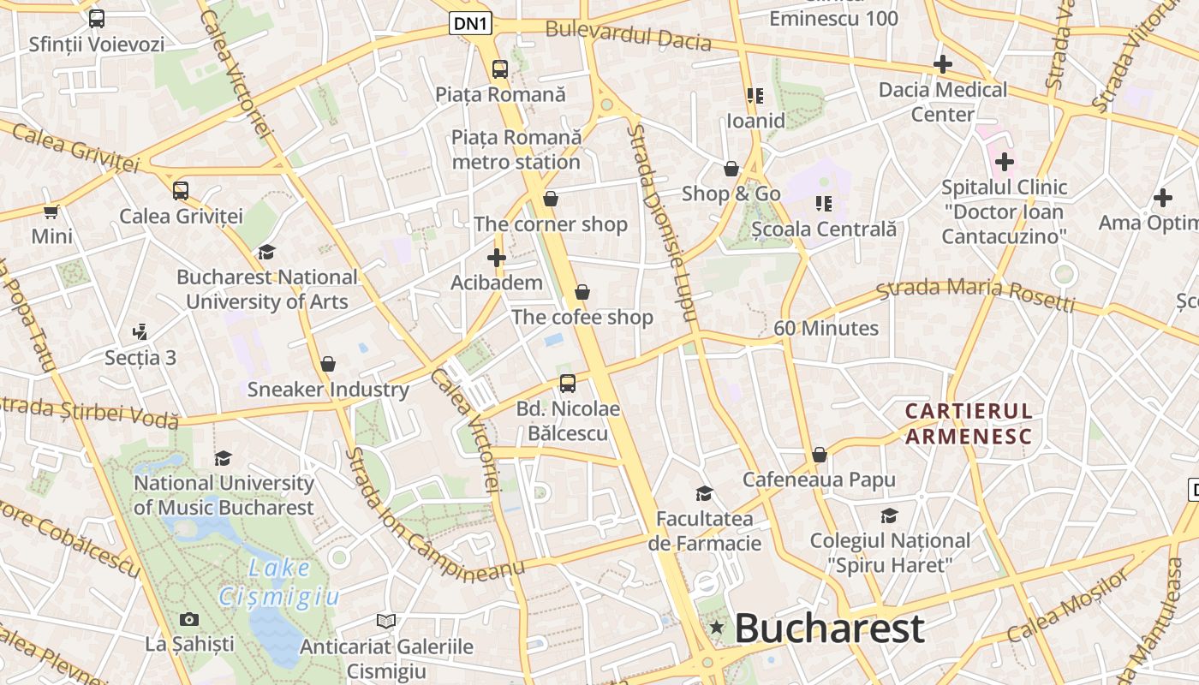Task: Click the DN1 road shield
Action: pos(471,24)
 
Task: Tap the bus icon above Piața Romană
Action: pos(500,69)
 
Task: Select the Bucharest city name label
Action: pos(829,628)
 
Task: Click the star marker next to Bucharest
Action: pos(717,628)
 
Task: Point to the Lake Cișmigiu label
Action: pos(279,582)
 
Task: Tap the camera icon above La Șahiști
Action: pos(189,619)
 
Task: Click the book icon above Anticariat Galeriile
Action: pos(386,621)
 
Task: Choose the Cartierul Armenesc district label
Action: pos(969,424)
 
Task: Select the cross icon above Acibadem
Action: pos(497,257)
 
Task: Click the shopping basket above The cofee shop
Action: pos(582,292)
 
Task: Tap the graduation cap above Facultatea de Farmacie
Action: pos(705,493)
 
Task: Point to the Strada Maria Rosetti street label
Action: pos(975,294)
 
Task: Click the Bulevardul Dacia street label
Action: pos(628,36)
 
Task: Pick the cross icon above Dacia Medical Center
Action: pos(943,63)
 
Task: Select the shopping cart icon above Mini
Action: pos(51,211)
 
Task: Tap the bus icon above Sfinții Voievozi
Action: pos(97,18)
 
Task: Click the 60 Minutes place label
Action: pos(826,328)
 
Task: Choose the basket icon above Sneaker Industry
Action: pos(328,364)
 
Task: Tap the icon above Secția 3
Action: pos(140,332)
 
